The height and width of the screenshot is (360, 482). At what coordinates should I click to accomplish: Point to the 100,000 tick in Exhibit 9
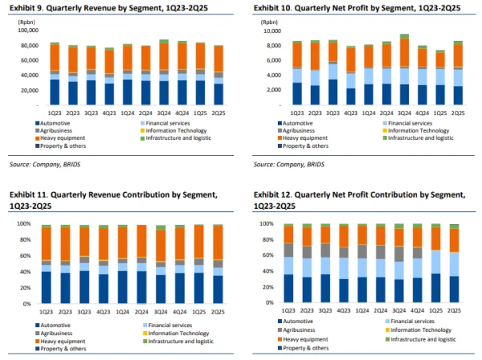(x=28, y=30)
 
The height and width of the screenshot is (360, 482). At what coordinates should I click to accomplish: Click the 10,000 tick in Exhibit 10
(x=272, y=30)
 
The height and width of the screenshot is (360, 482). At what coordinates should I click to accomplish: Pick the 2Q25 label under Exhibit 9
(x=220, y=111)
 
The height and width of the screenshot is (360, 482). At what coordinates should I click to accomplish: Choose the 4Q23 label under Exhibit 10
(x=350, y=111)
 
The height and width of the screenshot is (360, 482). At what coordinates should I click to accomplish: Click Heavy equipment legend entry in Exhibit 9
(x=63, y=138)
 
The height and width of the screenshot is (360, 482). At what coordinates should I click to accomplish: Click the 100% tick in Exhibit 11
(x=25, y=224)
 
